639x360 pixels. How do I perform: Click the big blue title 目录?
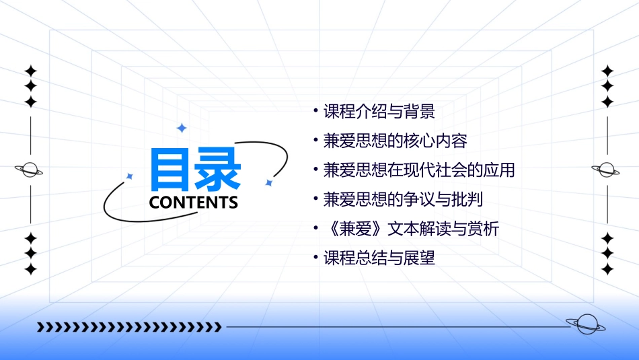pos(195,169)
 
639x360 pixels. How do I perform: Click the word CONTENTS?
pos(194,203)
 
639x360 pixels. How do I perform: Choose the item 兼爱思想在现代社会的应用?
pos(418,170)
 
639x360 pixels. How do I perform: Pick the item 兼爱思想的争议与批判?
pos(403,199)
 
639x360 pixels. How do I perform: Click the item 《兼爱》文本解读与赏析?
pos(411,229)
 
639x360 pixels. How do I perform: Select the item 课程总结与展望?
pos(379,258)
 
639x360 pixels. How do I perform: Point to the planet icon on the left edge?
pos(30,170)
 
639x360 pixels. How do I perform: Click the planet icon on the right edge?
pos(607,170)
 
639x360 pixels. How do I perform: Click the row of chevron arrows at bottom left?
pos(129,327)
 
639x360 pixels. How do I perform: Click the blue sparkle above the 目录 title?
pos(181,128)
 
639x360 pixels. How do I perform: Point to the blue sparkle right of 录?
pos(268,182)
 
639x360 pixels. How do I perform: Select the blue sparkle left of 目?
pos(130,176)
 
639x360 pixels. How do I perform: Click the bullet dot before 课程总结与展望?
pos(316,258)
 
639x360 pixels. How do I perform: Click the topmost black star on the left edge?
pos(30,71)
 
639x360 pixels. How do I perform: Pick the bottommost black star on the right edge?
pos(608,268)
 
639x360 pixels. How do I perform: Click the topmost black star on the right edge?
pos(608,71)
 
